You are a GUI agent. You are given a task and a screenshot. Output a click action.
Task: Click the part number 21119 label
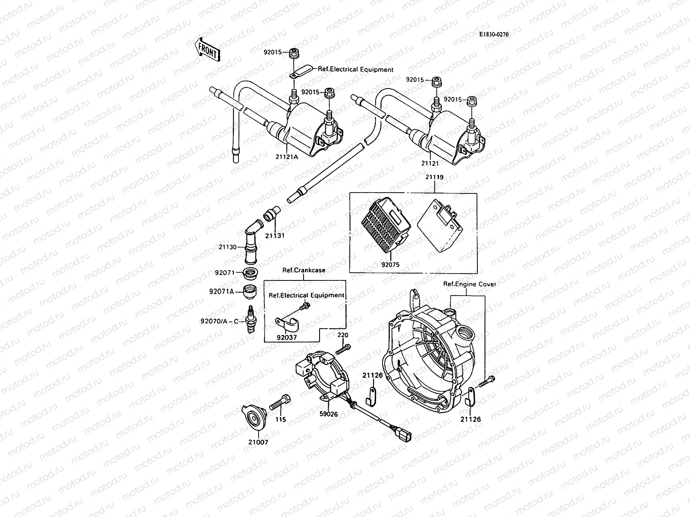click(x=434, y=177)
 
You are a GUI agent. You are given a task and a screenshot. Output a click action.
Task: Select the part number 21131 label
click(x=275, y=236)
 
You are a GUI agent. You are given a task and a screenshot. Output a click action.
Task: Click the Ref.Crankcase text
click(x=304, y=270)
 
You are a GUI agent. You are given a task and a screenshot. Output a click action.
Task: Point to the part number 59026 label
click(x=329, y=414)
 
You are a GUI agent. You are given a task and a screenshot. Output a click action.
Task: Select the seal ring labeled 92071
click(x=250, y=273)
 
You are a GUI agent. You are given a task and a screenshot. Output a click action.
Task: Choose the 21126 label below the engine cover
click(x=470, y=419)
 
